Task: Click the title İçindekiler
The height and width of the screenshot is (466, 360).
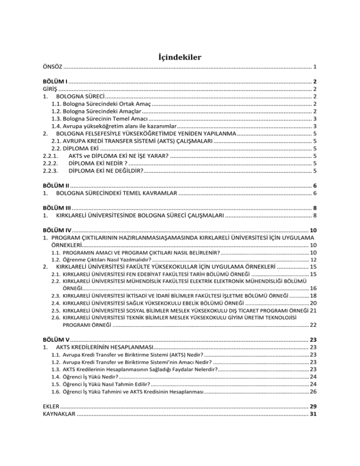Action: pyautogui.click(x=180, y=58)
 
